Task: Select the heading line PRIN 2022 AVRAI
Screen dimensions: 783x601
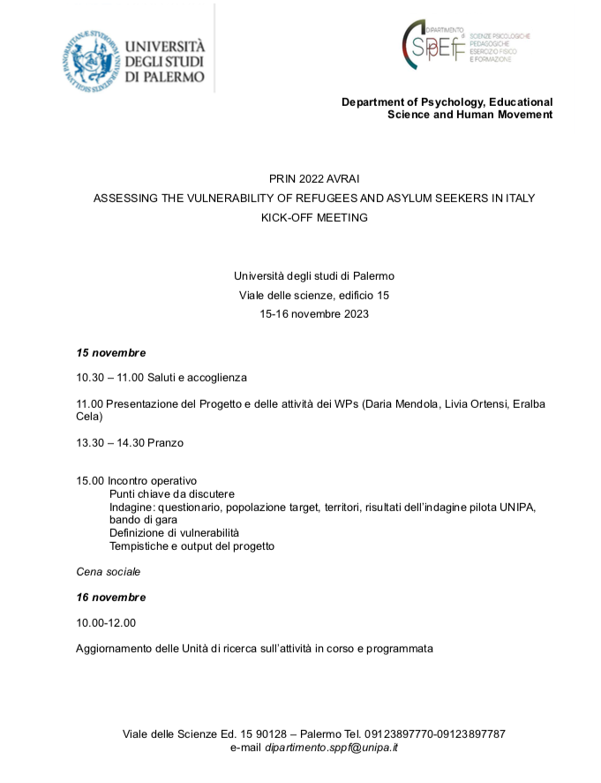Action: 314,178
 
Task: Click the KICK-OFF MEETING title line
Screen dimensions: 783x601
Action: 314,217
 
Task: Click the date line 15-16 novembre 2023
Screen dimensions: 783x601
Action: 314,313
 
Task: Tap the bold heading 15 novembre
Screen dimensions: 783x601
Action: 111,353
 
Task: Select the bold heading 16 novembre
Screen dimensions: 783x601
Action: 111,598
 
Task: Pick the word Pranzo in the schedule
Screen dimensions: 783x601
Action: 165,442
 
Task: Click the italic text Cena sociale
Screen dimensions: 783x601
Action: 109,572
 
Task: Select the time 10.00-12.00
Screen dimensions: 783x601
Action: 107,623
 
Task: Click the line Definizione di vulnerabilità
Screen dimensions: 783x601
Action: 175,533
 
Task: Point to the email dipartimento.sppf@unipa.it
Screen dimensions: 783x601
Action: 331,748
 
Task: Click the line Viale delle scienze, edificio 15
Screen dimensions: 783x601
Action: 314,295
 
